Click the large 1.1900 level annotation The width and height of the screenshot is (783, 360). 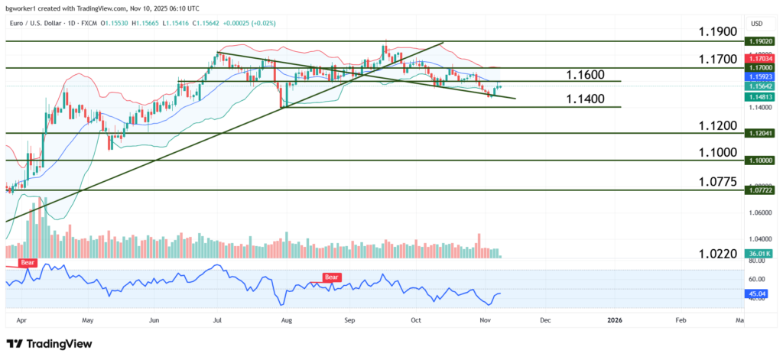point(717,31)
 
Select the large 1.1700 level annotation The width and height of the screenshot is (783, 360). point(717,59)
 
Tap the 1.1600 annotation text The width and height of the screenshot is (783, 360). point(586,74)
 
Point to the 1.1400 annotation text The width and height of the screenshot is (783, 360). point(586,99)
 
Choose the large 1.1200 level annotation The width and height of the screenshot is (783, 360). point(717,125)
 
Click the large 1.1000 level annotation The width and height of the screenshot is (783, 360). point(717,152)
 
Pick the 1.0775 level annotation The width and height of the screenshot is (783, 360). point(717,181)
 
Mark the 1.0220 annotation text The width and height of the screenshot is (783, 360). point(717,254)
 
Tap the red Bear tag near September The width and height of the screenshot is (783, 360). point(332,277)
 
